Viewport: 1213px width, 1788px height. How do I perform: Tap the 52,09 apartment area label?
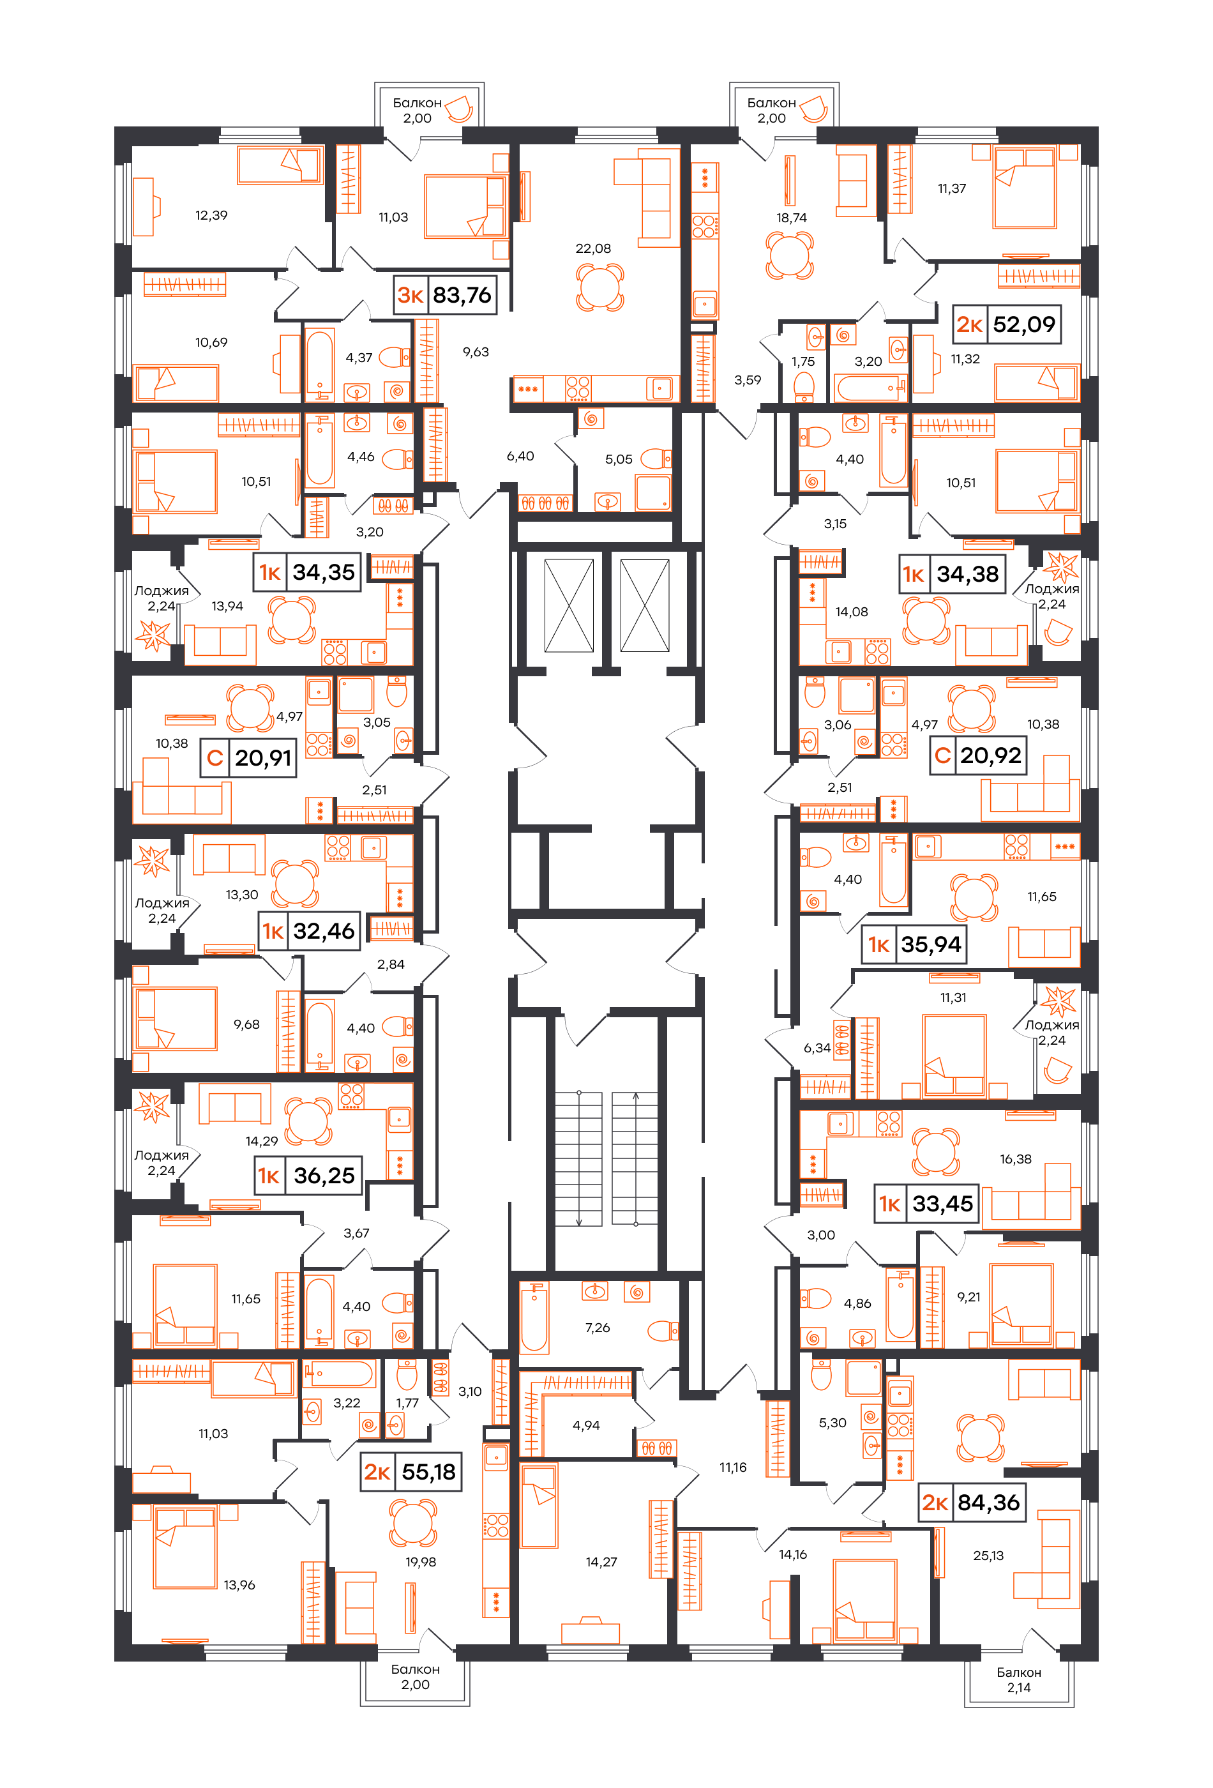[x=1024, y=324]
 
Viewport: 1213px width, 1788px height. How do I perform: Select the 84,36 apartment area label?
[x=988, y=1503]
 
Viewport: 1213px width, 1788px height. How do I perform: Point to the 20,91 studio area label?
[x=263, y=759]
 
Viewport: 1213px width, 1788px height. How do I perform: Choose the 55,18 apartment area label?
[x=428, y=1473]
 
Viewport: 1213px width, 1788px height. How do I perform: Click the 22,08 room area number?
[x=593, y=248]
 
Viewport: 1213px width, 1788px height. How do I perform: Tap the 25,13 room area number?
[x=988, y=1556]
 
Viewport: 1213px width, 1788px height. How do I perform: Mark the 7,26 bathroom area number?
[x=598, y=1328]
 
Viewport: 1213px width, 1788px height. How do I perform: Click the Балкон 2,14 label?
[x=1018, y=1680]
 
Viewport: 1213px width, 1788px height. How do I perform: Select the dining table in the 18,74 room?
[x=789, y=255]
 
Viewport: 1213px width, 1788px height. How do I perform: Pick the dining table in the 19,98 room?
[x=414, y=1524]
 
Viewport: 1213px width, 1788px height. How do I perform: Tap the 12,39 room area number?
[x=211, y=215]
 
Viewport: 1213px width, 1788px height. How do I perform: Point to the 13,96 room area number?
[x=239, y=1585]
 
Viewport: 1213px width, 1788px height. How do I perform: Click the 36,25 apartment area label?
[x=324, y=1176]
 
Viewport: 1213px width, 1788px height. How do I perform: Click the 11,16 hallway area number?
[x=733, y=1468]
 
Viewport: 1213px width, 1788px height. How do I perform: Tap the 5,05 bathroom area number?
[x=619, y=459]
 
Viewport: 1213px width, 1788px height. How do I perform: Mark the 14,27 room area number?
[x=601, y=1562]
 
